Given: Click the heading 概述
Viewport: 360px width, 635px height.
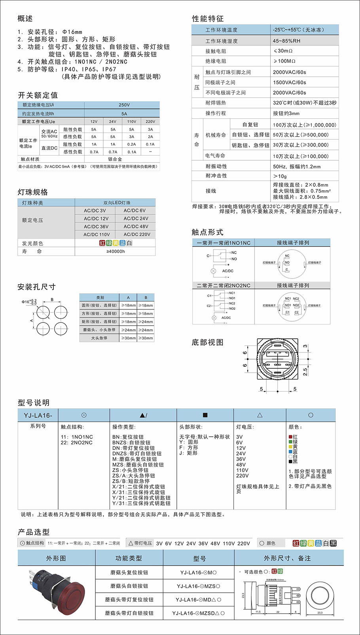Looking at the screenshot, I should pos(25,19).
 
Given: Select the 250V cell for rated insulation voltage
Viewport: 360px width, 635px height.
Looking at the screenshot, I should pos(124,105).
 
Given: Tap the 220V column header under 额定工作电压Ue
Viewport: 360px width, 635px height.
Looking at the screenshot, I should pos(150,121).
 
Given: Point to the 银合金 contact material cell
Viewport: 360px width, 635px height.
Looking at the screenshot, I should pos(115,159).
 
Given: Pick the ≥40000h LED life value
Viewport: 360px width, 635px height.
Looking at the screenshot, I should pos(116,251).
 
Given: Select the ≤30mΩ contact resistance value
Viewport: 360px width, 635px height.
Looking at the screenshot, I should pos(283,51).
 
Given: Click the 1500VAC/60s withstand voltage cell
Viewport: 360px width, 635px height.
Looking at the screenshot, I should pos(289,82).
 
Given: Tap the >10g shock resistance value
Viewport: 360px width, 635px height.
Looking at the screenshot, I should pos(280,176).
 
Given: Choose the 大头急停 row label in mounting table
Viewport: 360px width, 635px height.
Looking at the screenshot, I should pos(99,338).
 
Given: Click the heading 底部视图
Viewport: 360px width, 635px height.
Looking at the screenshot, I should pos(208,343).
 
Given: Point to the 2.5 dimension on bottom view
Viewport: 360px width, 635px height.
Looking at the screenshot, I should pos(305,372).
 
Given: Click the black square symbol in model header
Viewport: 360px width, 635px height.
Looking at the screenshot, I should pos(205,415).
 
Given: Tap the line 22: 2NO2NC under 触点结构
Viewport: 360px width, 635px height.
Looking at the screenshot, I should pos(77,443).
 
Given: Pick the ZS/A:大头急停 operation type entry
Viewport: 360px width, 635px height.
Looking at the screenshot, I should pos(134,476).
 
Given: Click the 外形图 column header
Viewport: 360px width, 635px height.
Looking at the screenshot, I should pos(56,558).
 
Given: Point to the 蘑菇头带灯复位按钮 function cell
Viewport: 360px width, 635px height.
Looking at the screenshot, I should pos(129,599).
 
